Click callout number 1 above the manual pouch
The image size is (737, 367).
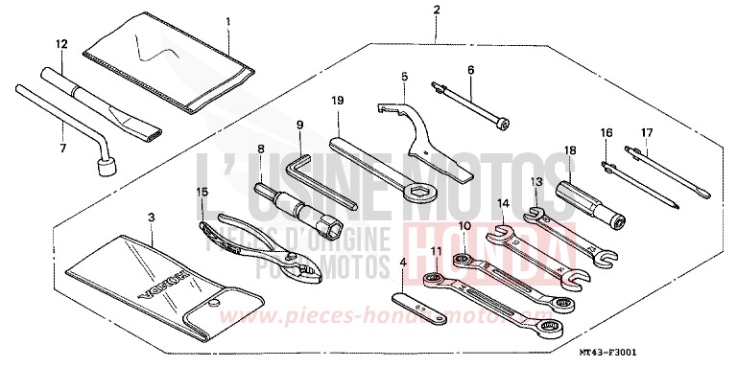(x=228, y=21)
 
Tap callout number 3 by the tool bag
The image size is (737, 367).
(x=151, y=218)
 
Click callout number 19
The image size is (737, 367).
(x=338, y=101)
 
